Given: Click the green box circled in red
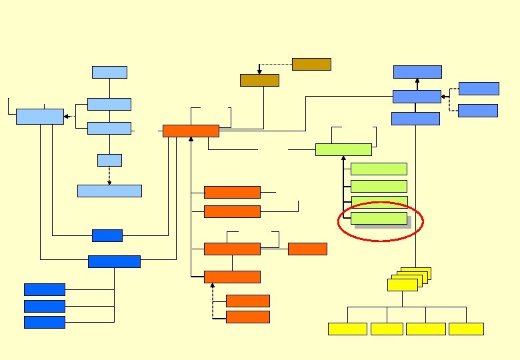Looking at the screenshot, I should pyautogui.click(x=379, y=218).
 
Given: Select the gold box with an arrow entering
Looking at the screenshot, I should pyautogui.click(x=259, y=80).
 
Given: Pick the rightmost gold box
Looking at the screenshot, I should pyautogui.click(x=311, y=64).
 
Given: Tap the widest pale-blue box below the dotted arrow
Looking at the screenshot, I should pyautogui.click(x=109, y=191).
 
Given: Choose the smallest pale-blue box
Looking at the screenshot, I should pyautogui.click(x=109, y=160).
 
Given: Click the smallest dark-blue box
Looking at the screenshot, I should pyautogui.click(x=107, y=235).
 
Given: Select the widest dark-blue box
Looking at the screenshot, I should pyautogui.click(x=114, y=261).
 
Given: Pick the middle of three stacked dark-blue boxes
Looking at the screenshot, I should pyautogui.click(x=45, y=306).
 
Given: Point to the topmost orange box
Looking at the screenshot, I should pyautogui.click(x=191, y=131).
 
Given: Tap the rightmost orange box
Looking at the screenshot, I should pyautogui.click(x=307, y=249).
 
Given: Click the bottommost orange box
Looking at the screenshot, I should pyautogui.click(x=248, y=317).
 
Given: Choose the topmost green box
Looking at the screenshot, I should pyautogui.click(x=343, y=149).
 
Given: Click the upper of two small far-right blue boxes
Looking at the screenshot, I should pyautogui.click(x=479, y=89).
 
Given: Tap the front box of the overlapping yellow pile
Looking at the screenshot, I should pyautogui.click(x=402, y=285).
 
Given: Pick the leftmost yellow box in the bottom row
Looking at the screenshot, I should pyautogui.click(x=347, y=329).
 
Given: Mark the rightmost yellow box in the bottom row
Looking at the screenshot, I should pyautogui.click(x=466, y=329).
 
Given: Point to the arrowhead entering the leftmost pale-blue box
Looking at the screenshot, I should pyautogui.click(x=66, y=117).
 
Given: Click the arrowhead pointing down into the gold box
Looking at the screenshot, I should pyautogui.click(x=259, y=71).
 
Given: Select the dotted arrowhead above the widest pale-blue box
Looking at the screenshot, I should pyautogui.click(x=109, y=182).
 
